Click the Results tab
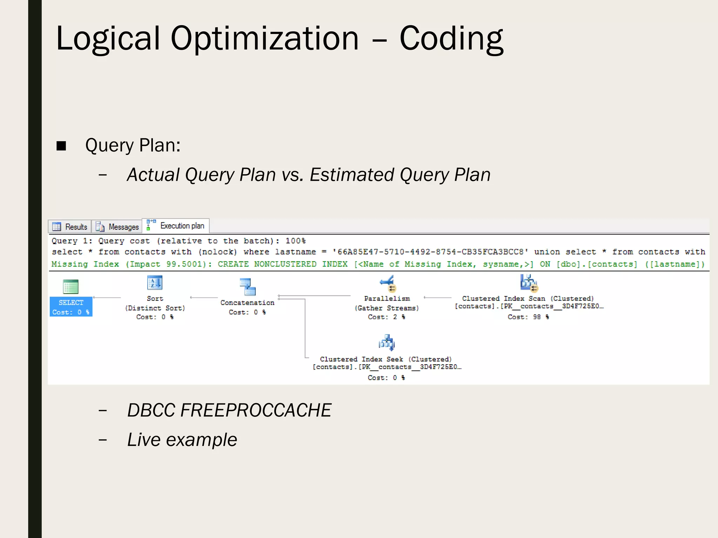click(x=70, y=227)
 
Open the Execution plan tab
click(x=176, y=226)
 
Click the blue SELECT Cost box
click(x=71, y=307)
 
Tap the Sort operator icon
click(x=155, y=283)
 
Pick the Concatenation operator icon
click(x=248, y=287)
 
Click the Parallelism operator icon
click(x=387, y=283)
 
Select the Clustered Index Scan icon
click(x=529, y=283)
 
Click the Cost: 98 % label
click(x=528, y=317)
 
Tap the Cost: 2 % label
click(x=386, y=317)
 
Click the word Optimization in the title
click(x=265, y=39)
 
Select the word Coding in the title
click(x=451, y=39)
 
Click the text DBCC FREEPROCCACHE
click(x=229, y=410)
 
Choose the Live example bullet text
click(x=182, y=440)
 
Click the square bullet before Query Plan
click(x=61, y=146)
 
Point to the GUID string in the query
click(x=430, y=252)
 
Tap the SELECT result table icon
click(x=71, y=287)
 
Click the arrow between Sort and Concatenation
click(x=204, y=298)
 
